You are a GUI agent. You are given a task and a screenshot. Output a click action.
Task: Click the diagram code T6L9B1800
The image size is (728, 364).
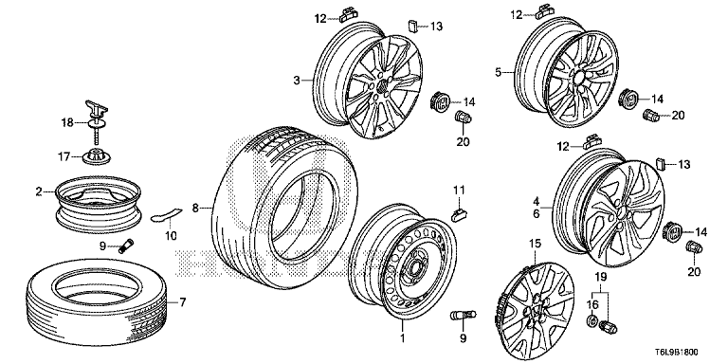tap(675, 353)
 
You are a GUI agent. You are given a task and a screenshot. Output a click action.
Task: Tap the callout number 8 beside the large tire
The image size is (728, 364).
tap(195, 209)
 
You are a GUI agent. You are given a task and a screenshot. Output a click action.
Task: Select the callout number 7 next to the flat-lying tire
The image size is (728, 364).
tap(182, 302)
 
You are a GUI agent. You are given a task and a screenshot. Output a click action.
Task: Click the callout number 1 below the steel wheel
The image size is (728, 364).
tap(403, 338)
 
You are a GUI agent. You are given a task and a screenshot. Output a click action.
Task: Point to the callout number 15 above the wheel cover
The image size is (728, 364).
tap(535, 244)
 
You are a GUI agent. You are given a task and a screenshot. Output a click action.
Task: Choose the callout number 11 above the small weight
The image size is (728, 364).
tap(459, 190)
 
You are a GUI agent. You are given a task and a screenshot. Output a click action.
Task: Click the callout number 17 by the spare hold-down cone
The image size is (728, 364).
tap(63, 157)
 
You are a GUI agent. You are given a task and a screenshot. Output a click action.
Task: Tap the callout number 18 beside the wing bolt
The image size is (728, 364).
tap(68, 123)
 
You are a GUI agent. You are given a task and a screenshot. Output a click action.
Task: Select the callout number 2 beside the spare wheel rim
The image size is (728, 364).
tap(40, 191)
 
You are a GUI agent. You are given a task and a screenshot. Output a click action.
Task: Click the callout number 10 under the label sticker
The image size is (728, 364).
tap(171, 236)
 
